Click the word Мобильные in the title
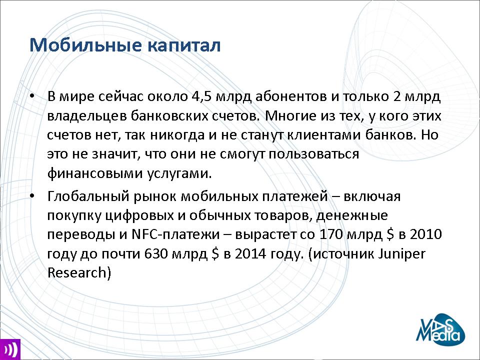click(85, 45)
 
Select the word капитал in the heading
click(183, 45)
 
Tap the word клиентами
click(325, 135)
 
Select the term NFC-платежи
click(175, 234)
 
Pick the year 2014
click(250, 254)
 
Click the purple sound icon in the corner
click(10, 349)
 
